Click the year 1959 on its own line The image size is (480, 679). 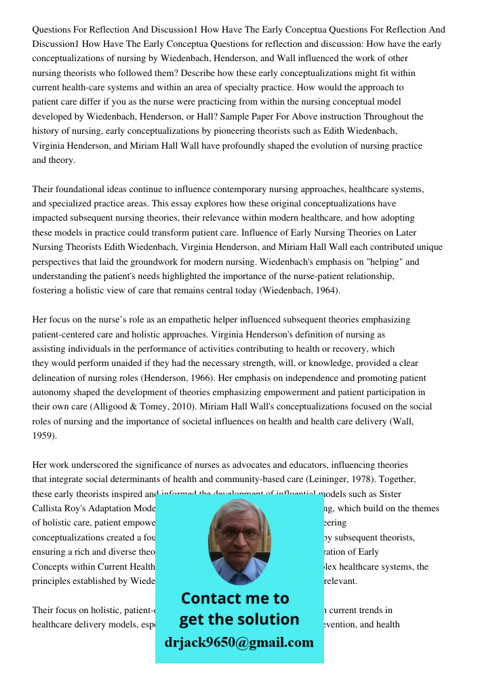[44, 436]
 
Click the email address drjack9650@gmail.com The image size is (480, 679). [239, 642]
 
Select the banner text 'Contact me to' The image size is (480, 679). [235, 598]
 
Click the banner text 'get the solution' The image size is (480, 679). [239, 619]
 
